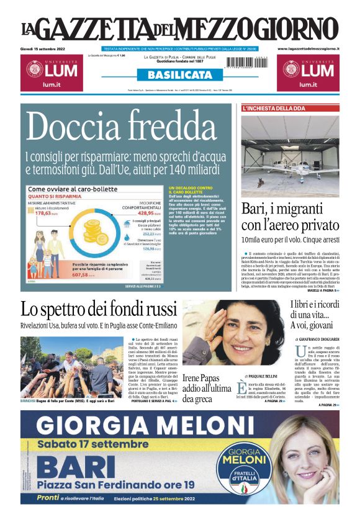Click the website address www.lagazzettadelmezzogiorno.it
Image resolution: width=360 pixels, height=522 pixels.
308,48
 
